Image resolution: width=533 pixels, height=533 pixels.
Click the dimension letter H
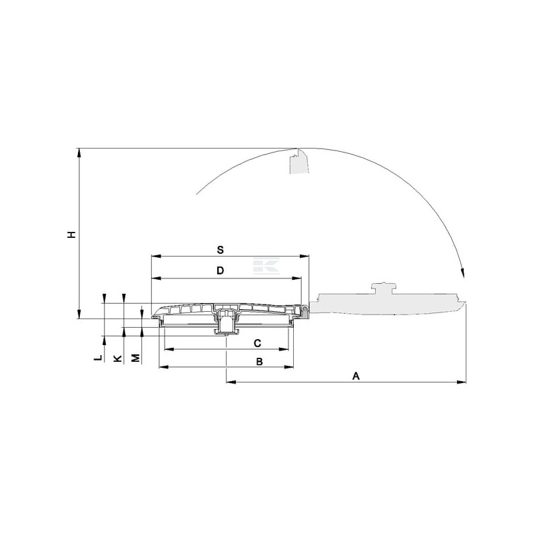[x=71, y=235]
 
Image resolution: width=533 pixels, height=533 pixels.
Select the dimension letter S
[x=221, y=250]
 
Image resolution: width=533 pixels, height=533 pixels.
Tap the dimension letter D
[x=221, y=270]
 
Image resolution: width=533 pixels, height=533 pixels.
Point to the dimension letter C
[x=257, y=343]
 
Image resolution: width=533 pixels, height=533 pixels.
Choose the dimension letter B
[x=259, y=361]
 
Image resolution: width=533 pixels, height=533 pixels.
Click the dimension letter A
[x=356, y=376]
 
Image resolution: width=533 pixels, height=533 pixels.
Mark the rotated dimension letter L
[x=98, y=358]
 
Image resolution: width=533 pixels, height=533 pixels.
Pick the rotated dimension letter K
[x=117, y=358]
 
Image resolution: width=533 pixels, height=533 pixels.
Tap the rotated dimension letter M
[x=136, y=358]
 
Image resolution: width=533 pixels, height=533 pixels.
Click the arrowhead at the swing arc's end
[x=462, y=273]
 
